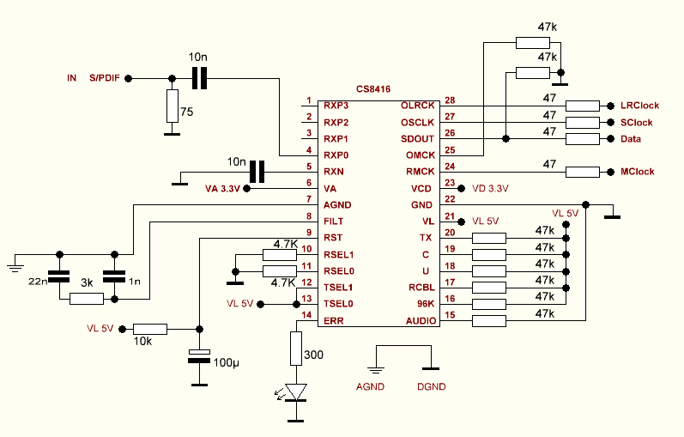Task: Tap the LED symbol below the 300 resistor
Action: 296,392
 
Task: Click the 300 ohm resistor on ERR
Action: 296,349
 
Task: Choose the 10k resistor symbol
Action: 150,328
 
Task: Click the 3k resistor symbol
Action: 86,299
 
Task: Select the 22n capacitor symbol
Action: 59,277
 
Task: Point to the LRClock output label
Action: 639,106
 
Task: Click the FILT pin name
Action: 334,222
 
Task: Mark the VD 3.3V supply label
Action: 490,188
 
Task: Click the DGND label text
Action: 432,386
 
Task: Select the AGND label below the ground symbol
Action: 371,386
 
